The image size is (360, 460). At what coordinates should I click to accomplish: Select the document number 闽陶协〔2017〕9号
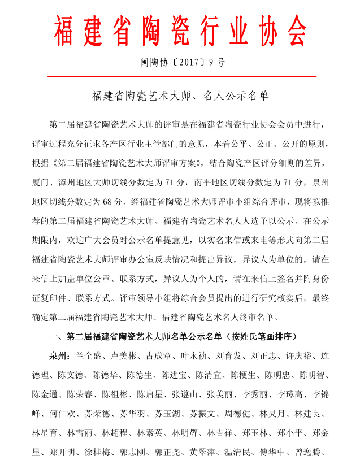(x=183, y=62)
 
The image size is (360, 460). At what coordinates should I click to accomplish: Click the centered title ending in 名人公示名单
(x=180, y=96)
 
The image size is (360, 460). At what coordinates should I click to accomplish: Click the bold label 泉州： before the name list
(x=61, y=357)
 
